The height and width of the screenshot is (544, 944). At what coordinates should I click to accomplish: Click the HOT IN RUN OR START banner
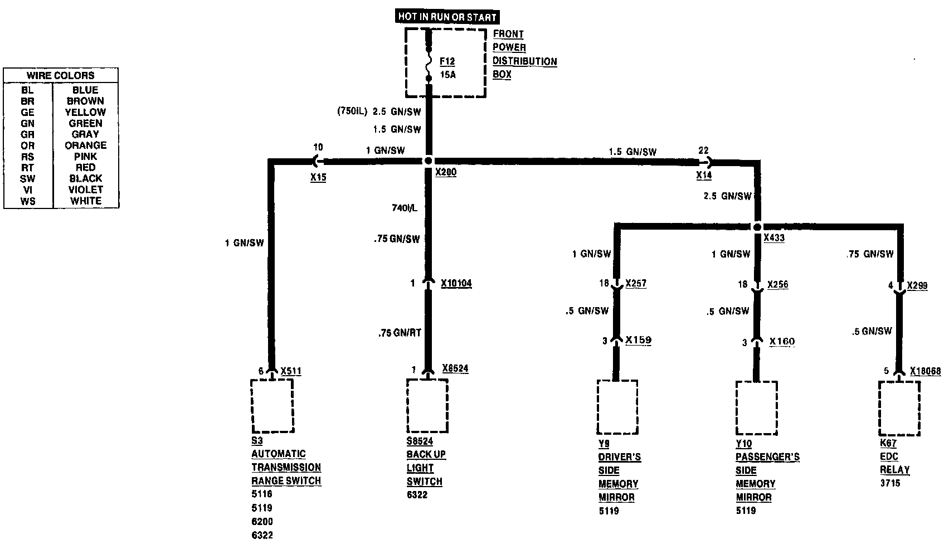pyautogui.click(x=447, y=17)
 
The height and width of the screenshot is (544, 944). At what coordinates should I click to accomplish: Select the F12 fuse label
pyautogui.click(x=447, y=61)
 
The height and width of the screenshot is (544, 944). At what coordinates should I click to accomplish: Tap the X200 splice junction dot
pyautogui.click(x=428, y=161)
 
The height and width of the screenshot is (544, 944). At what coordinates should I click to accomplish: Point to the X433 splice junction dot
pyautogui.click(x=757, y=227)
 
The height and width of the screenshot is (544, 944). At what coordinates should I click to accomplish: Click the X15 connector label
pyautogui.click(x=318, y=178)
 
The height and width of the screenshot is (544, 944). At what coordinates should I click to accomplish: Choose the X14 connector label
pyautogui.click(x=704, y=175)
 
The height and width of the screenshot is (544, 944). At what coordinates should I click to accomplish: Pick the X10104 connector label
pyautogui.click(x=456, y=284)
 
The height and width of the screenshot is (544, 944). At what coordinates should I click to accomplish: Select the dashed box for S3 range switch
pyautogui.click(x=272, y=405)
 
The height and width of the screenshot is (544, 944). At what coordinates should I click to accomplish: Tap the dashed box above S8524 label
pyautogui.click(x=427, y=405)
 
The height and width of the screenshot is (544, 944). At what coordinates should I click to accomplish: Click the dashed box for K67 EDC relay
pyautogui.click(x=899, y=408)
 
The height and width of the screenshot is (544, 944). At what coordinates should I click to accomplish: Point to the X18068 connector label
pyautogui.click(x=925, y=371)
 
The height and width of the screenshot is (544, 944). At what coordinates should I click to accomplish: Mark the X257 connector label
pyautogui.click(x=636, y=284)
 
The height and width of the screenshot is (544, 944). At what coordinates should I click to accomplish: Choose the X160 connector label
pyautogui.click(x=782, y=342)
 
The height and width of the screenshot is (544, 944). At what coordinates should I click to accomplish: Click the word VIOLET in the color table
pyautogui.click(x=85, y=190)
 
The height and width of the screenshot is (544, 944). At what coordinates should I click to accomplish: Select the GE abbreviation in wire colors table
pyautogui.click(x=27, y=112)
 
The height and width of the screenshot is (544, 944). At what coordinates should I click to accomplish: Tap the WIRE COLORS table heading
pyautogui.click(x=61, y=75)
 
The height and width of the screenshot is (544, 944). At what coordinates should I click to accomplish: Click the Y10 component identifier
pyautogui.click(x=743, y=444)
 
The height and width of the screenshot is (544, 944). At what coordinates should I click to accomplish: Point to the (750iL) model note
pyautogui.click(x=352, y=111)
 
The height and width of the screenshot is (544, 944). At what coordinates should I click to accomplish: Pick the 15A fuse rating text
pyautogui.click(x=447, y=75)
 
